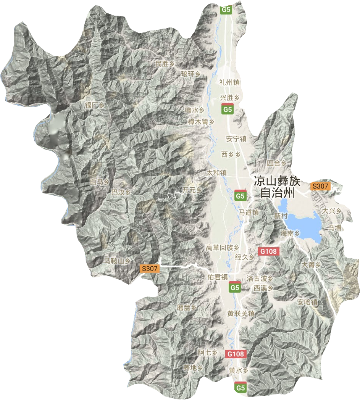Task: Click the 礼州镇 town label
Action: click(x=229, y=82)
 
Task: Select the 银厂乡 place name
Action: click(x=94, y=106)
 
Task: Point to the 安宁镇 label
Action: click(x=236, y=139)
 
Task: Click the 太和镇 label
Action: click(x=216, y=173)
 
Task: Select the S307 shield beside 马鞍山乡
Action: click(x=149, y=269)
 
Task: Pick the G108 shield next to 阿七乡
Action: click(x=235, y=354)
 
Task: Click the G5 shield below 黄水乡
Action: click(x=240, y=388)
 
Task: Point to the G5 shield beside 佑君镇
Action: click(x=235, y=287)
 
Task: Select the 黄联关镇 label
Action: click(x=241, y=314)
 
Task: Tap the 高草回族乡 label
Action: click(x=223, y=248)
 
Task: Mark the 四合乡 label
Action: click(x=276, y=163)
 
